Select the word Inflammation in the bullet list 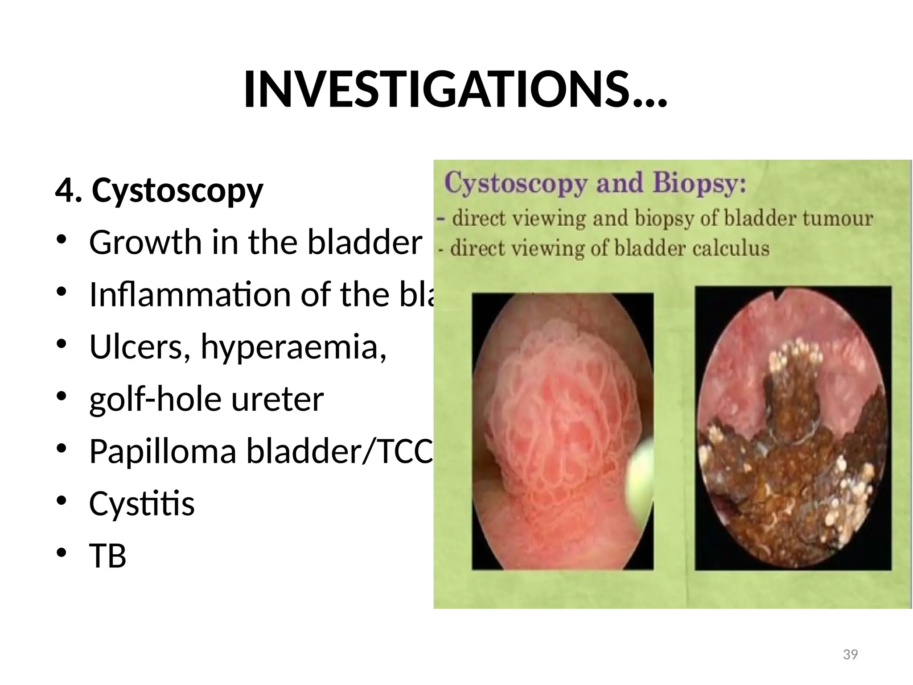pos(190,295)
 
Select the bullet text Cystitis pos(142,504)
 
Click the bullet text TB pos(108,556)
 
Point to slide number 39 pos(851,654)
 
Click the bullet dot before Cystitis pos(62,501)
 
